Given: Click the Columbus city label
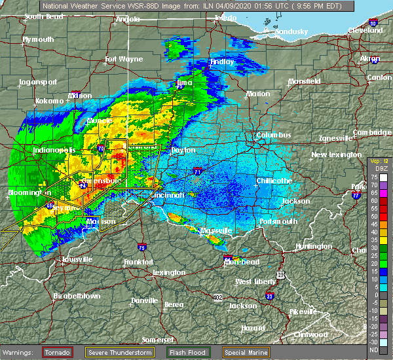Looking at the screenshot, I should point(274,135).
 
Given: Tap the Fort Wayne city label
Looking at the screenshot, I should point(124,60).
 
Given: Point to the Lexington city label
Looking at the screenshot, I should point(169,272).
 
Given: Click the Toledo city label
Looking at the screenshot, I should point(225,19).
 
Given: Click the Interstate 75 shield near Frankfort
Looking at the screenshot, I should point(143,247).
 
